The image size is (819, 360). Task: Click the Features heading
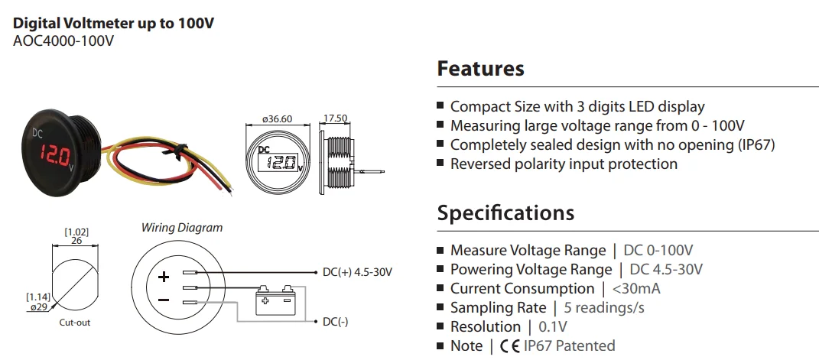(480, 69)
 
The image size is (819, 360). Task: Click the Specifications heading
(505, 212)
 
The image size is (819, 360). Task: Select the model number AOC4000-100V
(63, 41)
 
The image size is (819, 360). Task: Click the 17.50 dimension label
(336, 118)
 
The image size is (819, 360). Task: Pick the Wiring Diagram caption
(182, 228)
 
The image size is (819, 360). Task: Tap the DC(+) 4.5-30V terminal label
(357, 272)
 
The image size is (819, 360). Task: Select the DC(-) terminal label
(336, 322)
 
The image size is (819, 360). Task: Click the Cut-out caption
(75, 323)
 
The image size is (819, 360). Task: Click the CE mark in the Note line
(509, 346)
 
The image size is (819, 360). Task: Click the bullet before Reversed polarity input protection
(440, 164)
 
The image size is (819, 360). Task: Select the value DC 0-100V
(658, 251)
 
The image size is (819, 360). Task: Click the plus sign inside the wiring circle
(163, 277)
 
